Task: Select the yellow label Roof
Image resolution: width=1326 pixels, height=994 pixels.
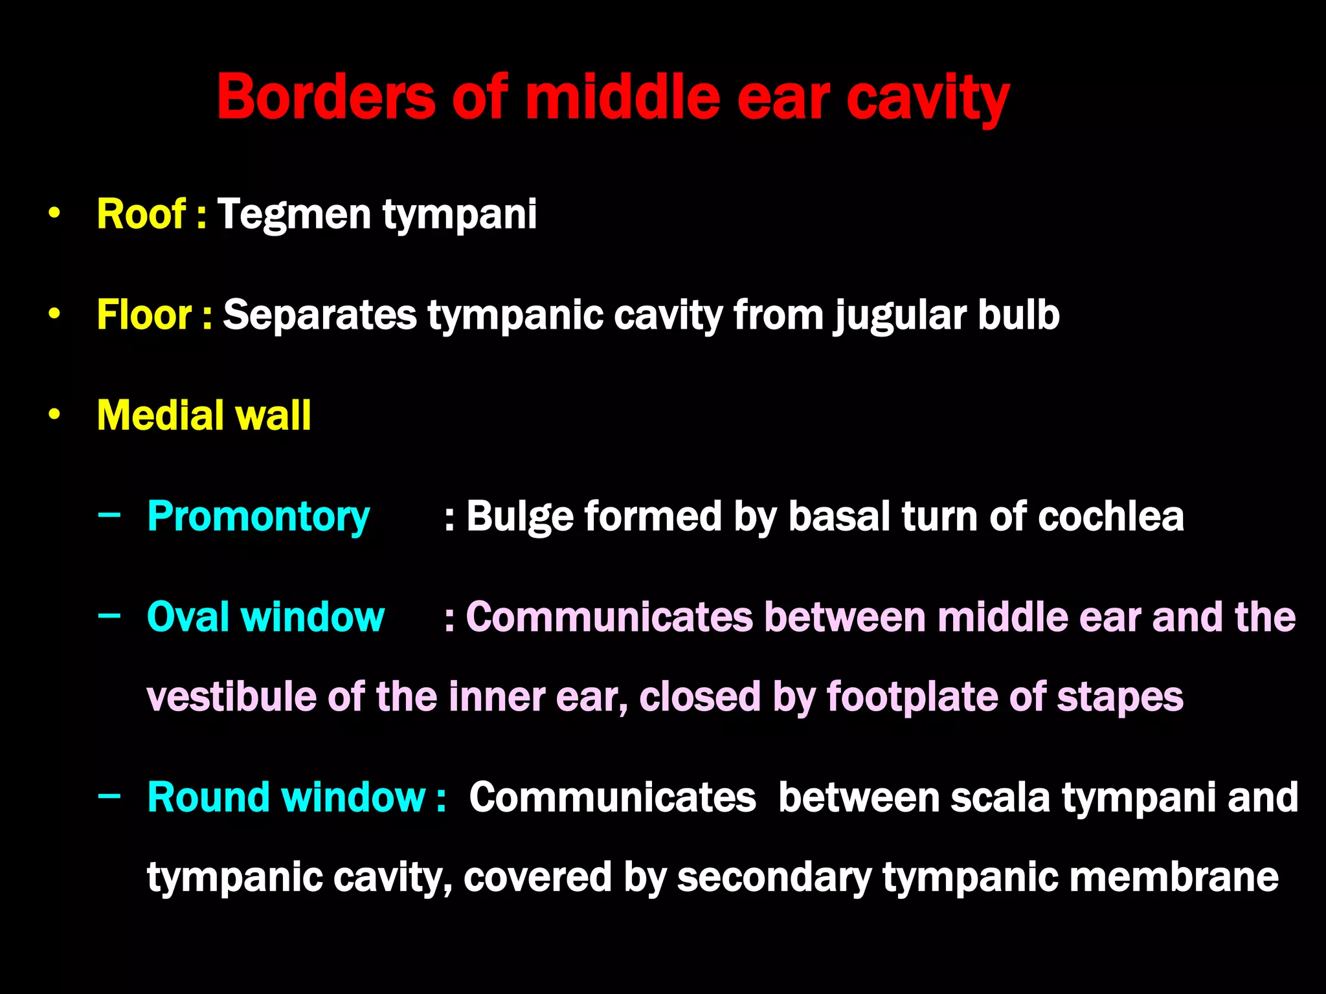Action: pos(141,214)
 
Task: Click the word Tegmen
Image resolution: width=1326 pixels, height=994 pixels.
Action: pos(293,215)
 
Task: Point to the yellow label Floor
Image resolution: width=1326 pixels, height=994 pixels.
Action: pos(144,315)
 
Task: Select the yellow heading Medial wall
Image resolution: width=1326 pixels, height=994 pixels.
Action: pos(203,415)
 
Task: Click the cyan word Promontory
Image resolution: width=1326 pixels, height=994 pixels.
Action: pos(258,517)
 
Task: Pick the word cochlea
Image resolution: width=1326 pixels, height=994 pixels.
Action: pos(1110,516)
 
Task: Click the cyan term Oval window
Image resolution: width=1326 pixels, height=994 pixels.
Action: pos(265,617)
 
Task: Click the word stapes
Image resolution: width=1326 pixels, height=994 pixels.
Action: pos(1119,698)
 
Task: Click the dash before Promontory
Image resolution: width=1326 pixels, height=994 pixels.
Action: pos(109,515)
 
